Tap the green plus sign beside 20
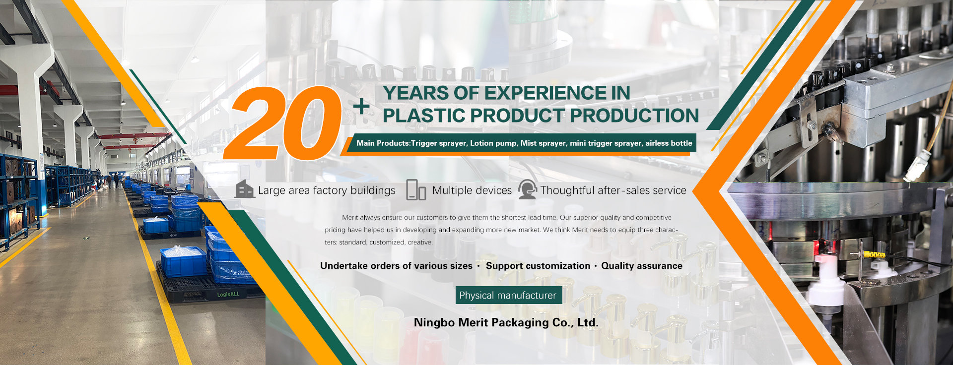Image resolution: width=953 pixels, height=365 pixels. point(362,106)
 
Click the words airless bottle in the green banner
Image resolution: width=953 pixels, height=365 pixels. point(669,143)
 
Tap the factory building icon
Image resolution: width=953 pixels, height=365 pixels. point(244,189)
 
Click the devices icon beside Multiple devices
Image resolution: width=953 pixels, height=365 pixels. point(416,190)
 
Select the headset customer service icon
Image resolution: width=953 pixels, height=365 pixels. point(527,189)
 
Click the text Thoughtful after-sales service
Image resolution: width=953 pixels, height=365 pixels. point(613,190)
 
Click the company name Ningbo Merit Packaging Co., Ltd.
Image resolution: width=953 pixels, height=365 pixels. point(506,322)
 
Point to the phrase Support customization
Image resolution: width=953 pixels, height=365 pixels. point(538,266)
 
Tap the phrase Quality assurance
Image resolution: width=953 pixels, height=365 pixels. point(642,266)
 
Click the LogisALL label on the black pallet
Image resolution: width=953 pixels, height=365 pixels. point(228,294)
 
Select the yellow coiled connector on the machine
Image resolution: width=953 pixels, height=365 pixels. point(874,254)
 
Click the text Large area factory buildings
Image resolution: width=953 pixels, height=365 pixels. point(327,190)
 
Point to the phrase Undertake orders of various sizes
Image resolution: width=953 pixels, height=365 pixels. point(396,266)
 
